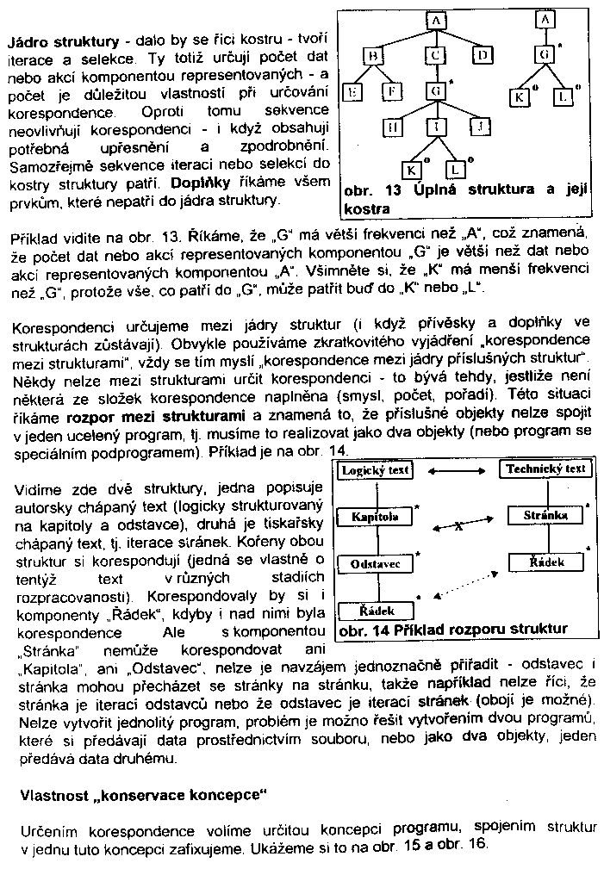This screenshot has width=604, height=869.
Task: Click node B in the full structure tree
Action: (x=374, y=56)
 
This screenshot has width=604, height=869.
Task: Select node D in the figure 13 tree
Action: (x=483, y=56)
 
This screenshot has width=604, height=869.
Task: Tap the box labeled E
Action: (x=352, y=90)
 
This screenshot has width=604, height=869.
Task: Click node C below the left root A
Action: (x=437, y=56)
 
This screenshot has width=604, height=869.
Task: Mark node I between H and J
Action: (x=437, y=127)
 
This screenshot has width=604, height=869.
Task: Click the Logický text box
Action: (x=377, y=470)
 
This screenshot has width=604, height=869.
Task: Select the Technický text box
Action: (x=545, y=469)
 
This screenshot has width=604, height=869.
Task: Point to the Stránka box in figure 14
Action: (x=545, y=516)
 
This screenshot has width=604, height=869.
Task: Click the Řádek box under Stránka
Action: (x=545, y=562)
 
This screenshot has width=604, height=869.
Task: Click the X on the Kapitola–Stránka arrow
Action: (x=459, y=525)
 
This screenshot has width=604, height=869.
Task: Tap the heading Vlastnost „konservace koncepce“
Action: (x=145, y=796)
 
